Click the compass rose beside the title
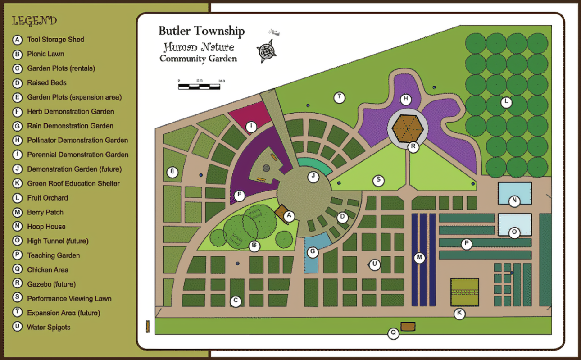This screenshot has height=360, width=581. pos(266,50)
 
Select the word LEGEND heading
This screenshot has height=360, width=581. pos(34,21)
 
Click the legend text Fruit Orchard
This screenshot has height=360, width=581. pos(47,198)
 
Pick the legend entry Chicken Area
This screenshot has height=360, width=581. pos(48,270)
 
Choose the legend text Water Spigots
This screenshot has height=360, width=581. pos(49,328)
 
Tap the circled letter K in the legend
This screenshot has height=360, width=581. pos(18,183)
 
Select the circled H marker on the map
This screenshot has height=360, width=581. pos(406,99)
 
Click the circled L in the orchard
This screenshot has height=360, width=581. pos(507,103)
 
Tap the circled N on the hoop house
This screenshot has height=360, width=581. pos(514,201)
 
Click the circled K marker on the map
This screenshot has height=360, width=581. pos(459,314)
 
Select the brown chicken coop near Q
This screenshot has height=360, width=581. pos(408,326)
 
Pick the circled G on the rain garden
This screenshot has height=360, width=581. pos(313,252)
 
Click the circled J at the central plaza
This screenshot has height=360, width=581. pos(313,177)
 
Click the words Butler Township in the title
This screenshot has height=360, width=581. pos(201,31)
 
